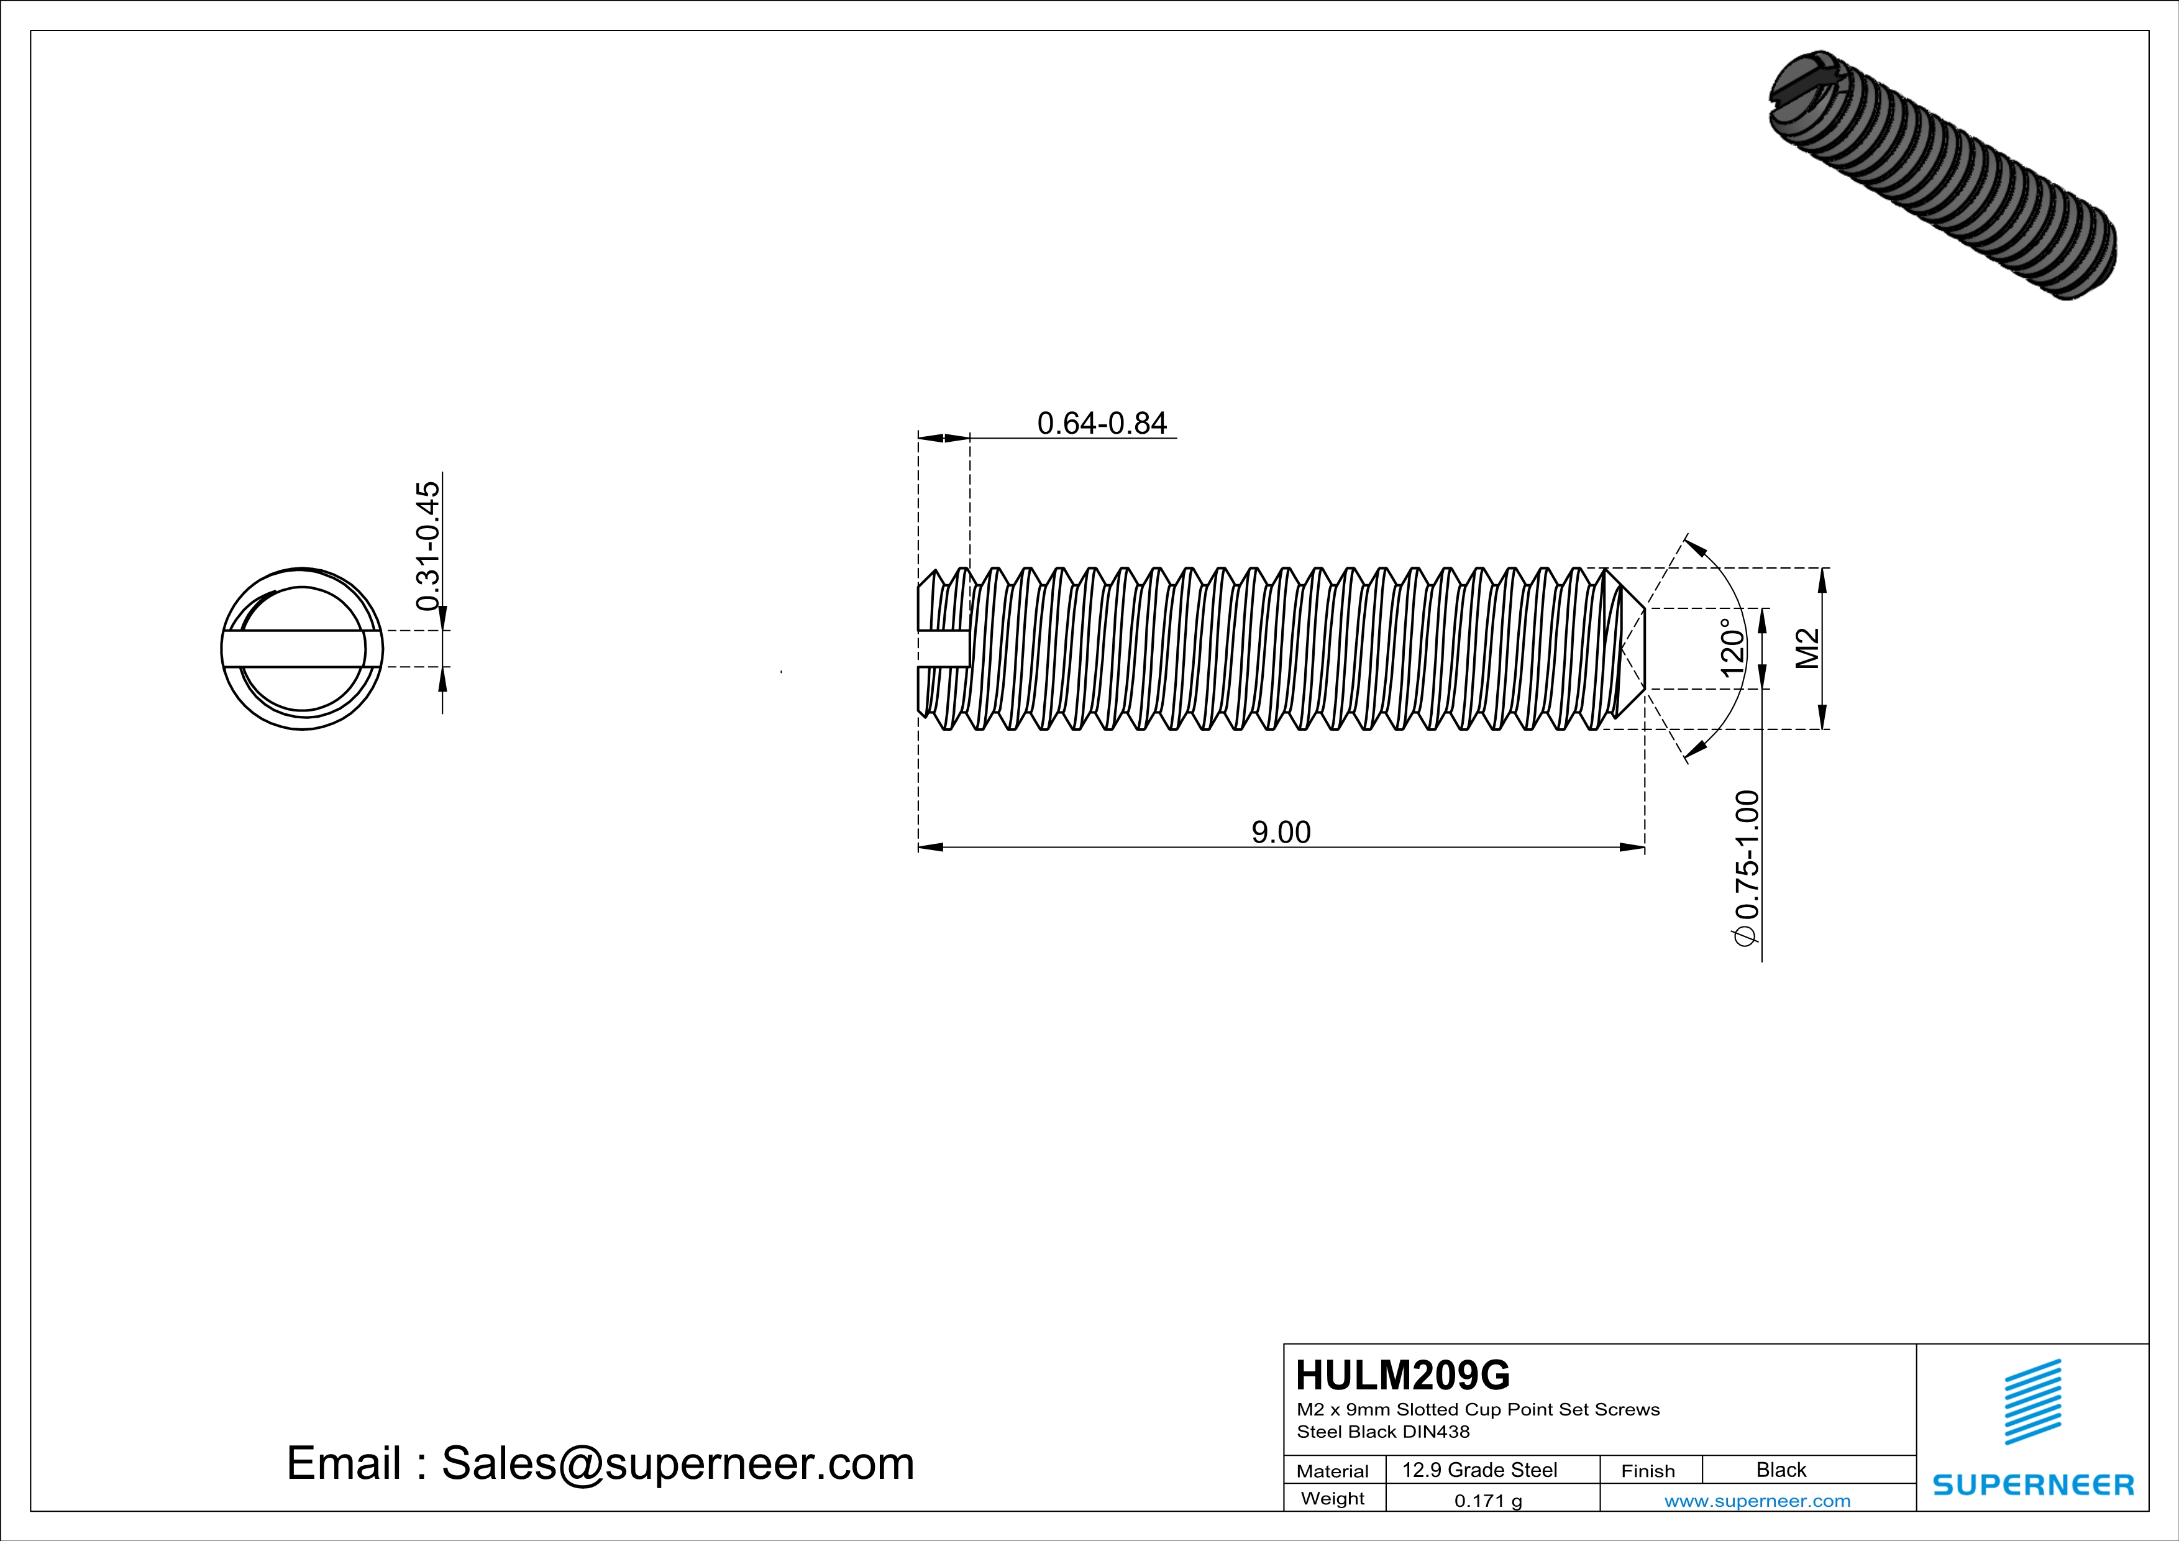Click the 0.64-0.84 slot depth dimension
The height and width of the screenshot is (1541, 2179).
1101,423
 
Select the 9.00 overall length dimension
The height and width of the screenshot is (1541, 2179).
1281,832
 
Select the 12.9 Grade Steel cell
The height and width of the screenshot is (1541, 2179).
1479,1470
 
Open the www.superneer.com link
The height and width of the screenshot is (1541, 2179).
1756,1500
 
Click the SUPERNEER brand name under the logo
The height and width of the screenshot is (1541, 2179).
2033,1484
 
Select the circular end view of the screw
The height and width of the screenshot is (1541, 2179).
302,649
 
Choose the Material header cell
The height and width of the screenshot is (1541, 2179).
1333,1471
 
